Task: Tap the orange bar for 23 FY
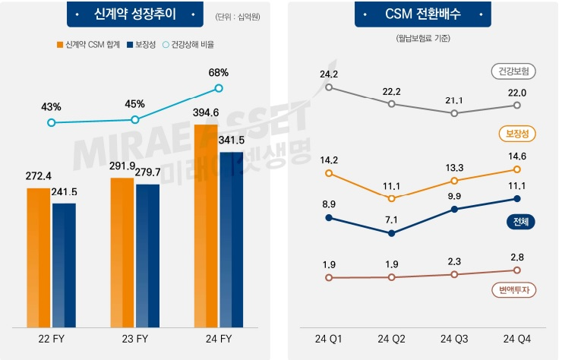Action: coord(122,251)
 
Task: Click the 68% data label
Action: coord(218,72)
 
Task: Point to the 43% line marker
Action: coord(51,122)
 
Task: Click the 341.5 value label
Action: coord(232,140)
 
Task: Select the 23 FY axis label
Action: coord(135,339)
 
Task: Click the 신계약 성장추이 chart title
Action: coord(135,14)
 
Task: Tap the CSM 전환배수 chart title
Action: coord(422,14)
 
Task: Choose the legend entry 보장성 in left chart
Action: coord(140,45)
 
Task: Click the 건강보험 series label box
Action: coord(514,72)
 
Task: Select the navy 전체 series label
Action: coord(520,222)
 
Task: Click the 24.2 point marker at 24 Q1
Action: coord(329,87)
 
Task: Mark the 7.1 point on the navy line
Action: coord(391,233)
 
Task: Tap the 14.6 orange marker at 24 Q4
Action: coord(517,169)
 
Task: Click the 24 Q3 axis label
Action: coord(454,339)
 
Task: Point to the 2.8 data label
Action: coord(517,257)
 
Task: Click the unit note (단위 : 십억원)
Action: coord(238,16)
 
